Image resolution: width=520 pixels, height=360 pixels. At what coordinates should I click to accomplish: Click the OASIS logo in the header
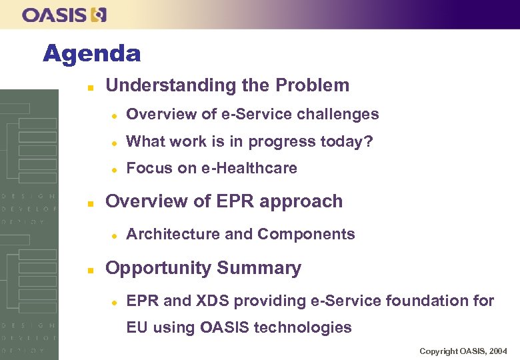tap(64, 15)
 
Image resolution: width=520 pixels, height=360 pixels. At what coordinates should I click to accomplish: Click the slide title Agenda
tap(92, 53)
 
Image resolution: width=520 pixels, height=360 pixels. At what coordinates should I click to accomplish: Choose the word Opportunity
tap(152, 268)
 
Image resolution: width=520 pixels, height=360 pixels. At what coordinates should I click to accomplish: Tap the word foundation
tap(425, 301)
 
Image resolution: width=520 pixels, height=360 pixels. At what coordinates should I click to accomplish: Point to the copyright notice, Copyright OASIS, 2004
tap(463, 351)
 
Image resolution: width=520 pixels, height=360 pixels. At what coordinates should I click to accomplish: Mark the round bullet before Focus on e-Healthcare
tap(114, 169)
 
